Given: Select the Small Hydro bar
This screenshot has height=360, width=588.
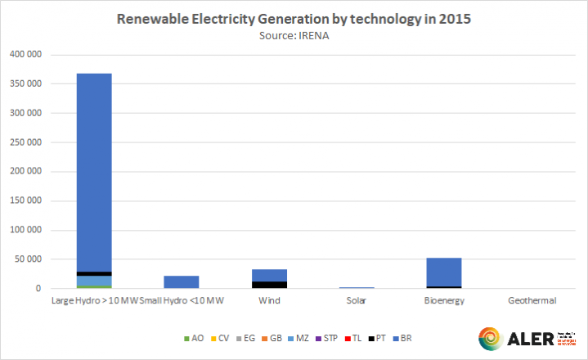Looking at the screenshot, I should point(182,282).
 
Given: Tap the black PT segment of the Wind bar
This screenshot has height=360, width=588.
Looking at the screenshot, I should point(268,285).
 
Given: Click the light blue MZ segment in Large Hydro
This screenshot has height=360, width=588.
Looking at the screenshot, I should point(94,281).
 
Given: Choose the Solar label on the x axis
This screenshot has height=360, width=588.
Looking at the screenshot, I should point(356,301).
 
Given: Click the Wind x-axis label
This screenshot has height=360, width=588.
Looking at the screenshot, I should point(268,301).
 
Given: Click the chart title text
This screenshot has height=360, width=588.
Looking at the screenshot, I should point(293,18).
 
